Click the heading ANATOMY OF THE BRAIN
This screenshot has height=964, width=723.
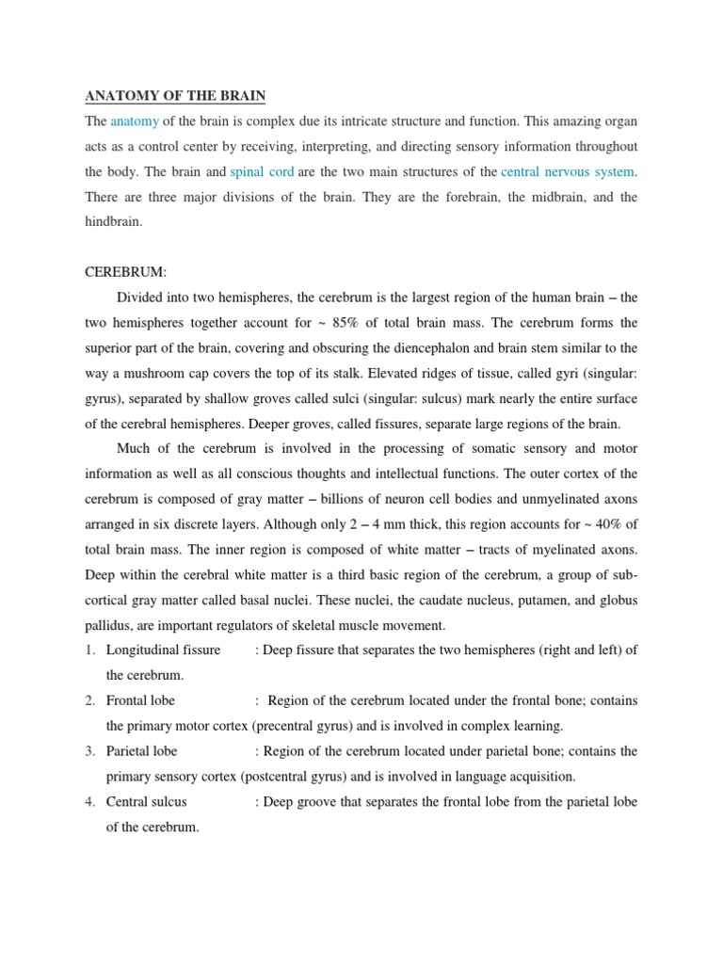click(176, 96)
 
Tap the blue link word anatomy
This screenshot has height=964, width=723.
click(135, 120)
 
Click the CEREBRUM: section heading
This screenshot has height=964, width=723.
click(126, 272)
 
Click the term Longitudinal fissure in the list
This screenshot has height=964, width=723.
click(164, 650)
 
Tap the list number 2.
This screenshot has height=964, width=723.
click(90, 700)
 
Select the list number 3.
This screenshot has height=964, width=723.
click(90, 751)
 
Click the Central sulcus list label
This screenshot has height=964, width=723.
click(147, 802)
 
